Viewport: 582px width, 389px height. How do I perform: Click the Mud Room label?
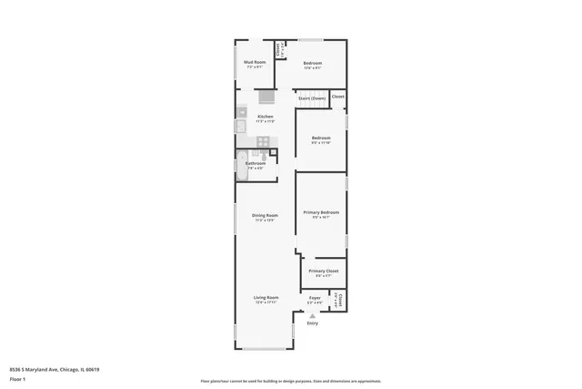[x=253, y=62]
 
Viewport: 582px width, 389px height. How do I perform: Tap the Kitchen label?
[x=265, y=117]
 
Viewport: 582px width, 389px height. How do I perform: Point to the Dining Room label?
[x=265, y=215]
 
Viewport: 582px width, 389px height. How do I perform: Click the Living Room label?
[x=266, y=298]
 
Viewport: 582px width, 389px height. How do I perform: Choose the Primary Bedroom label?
[x=321, y=212]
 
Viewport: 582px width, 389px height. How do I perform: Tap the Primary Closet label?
[x=323, y=271]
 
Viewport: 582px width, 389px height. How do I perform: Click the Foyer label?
[x=315, y=298]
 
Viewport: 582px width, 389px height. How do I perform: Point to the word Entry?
[x=313, y=323]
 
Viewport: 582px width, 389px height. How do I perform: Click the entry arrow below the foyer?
[x=313, y=315]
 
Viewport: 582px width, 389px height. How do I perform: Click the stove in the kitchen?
[x=263, y=140]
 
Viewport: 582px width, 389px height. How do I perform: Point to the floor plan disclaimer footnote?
[x=291, y=381]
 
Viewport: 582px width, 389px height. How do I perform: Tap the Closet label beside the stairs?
[x=337, y=96]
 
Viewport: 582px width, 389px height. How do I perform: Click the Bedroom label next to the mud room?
[x=312, y=63]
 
